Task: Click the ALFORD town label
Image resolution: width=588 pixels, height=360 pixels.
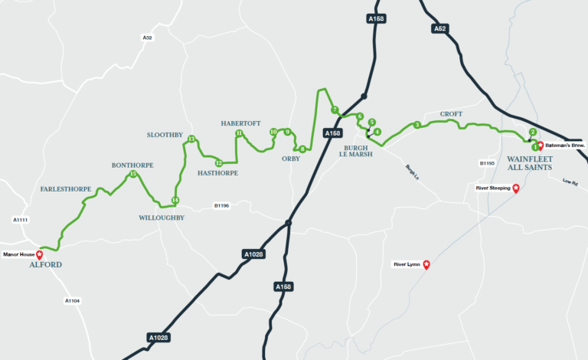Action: (x=44, y=264)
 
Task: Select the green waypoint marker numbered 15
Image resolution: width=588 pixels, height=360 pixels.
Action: (x=133, y=174)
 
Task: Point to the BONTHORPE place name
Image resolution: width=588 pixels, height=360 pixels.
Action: (x=134, y=165)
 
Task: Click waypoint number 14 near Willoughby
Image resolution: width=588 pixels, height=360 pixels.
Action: (x=175, y=201)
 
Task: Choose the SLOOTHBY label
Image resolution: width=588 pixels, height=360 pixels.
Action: (x=165, y=134)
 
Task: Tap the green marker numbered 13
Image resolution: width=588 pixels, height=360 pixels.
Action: (x=191, y=139)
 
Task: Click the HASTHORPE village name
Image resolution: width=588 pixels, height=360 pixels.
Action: (x=218, y=173)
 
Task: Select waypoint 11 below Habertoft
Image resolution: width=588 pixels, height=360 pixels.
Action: (x=239, y=133)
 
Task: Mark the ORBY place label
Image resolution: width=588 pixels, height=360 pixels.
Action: (x=291, y=159)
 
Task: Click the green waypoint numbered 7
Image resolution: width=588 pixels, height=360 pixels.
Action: (x=335, y=110)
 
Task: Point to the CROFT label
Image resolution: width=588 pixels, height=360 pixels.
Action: (x=451, y=114)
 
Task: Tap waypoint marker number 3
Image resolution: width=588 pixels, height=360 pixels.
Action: (x=416, y=125)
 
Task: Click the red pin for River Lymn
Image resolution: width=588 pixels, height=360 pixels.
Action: (x=427, y=265)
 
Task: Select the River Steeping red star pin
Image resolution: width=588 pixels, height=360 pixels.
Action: (x=516, y=188)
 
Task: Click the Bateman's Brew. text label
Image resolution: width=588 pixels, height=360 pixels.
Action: (x=565, y=145)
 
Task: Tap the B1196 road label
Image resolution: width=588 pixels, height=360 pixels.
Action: (x=221, y=205)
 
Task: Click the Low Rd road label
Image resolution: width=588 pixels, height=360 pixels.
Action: (x=569, y=182)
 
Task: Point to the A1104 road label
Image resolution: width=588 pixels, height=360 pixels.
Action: (x=72, y=301)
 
